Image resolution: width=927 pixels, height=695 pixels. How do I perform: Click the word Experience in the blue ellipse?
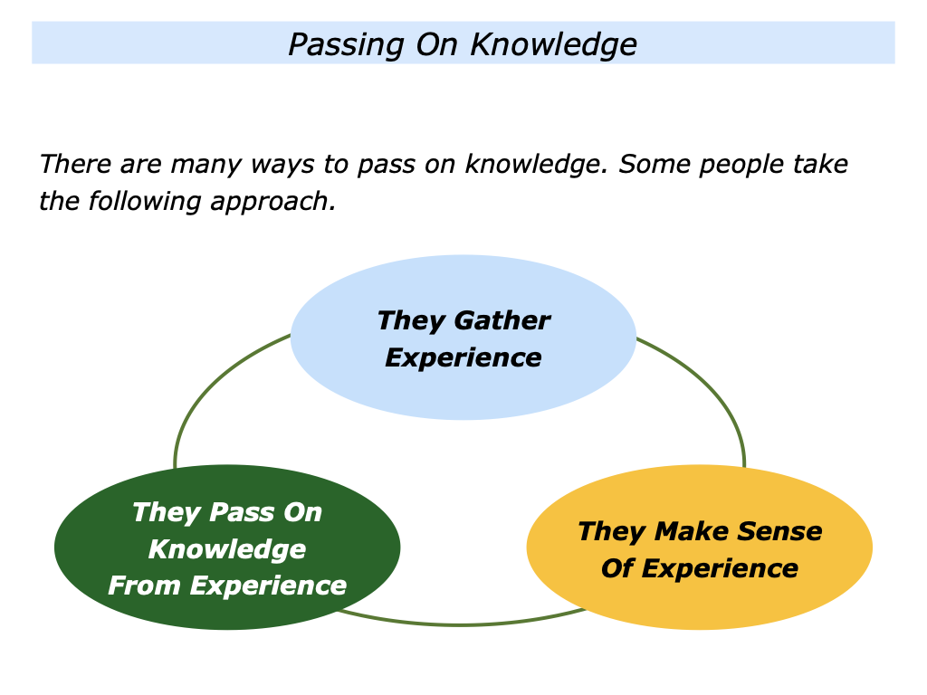(463, 357)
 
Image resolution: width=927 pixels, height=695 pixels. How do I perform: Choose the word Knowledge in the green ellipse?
(227, 549)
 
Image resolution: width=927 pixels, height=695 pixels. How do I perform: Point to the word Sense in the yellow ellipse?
(779, 531)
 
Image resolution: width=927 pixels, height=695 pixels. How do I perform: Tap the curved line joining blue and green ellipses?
(204, 389)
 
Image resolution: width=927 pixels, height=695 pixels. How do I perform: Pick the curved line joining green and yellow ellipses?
(462, 624)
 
